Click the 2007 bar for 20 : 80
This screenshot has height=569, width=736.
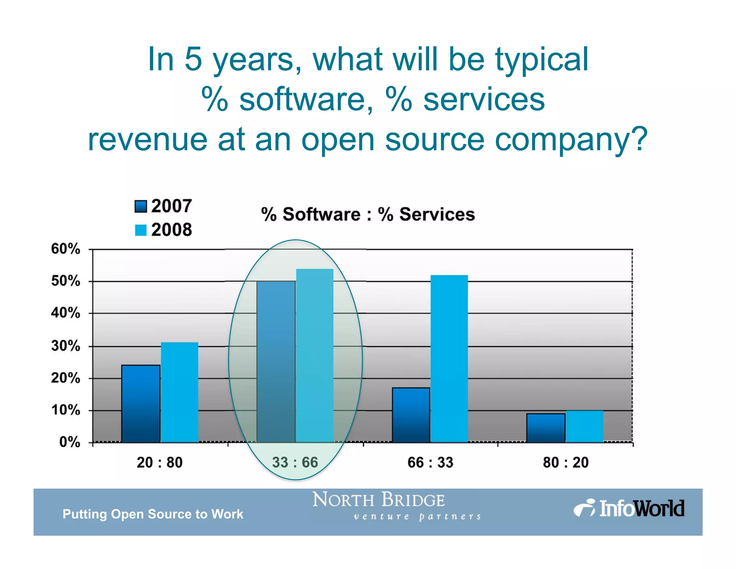(x=141, y=404)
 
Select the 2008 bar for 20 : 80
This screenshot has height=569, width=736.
(x=179, y=392)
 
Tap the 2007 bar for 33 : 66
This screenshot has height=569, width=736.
(x=276, y=361)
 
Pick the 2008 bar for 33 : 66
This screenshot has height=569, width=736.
(x=315, y=355)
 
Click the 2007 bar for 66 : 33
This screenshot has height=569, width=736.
(x=411, y=415)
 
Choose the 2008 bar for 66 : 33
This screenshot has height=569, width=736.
(x=449, y=359)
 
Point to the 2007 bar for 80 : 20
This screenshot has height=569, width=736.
(x=546, y=428)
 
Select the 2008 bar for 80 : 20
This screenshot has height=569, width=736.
(x=584, y=426)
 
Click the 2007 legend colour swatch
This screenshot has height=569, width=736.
(x=141, y=206)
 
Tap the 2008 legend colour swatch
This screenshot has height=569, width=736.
(x=141, y=230)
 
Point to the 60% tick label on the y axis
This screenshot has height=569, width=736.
(x=65, y=249)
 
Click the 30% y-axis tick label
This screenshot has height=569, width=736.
(x=65, y=346)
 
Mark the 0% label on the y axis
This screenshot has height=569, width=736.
(x=70, y=442)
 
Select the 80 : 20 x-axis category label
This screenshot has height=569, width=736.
(x=566, y=463)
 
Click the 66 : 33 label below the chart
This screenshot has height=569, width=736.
(x=430, y=463)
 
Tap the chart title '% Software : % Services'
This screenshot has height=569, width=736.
(x=368, y=214)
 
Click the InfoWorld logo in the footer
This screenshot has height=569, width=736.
(x=629, y=509)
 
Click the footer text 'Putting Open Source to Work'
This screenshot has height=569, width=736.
(x=153, y=514)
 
